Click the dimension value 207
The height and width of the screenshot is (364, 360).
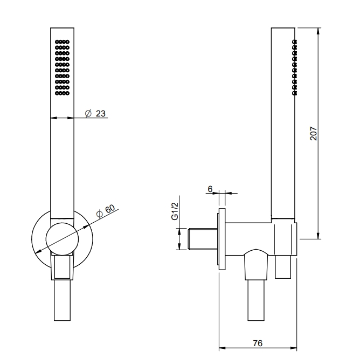coord(313,133)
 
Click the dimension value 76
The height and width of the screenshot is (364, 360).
coord(258,343)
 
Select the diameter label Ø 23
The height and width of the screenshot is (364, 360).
coord(95,114)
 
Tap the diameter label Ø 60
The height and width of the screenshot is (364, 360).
coord(106,211)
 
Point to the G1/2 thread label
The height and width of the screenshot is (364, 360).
coord(175,211)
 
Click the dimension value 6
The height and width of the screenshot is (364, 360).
coord(210,189)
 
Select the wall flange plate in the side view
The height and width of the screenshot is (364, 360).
coord(221,239)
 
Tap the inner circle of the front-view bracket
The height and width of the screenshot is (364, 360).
coord(62,239)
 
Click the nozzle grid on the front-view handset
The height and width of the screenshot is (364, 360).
coord(62,67)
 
